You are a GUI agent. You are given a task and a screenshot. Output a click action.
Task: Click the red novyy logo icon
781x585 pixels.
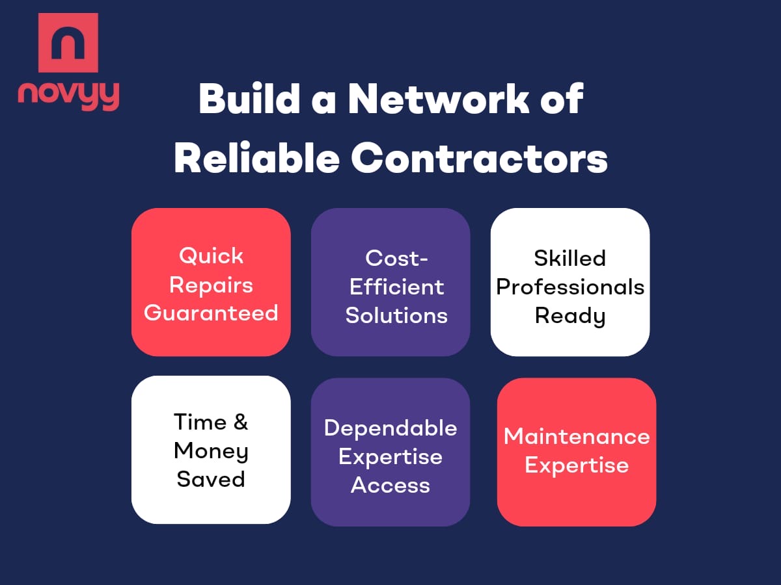(x=68, y=42)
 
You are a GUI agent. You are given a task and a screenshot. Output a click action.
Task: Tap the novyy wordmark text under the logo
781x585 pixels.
(x=68, y=96)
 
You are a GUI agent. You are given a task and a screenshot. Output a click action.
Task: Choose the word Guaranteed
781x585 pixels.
(x=211, y=313)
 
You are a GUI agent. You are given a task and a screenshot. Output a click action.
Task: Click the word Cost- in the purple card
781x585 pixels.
(x=396, y=258)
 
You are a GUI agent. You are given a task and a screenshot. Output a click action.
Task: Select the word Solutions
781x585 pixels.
(x=396, y=315)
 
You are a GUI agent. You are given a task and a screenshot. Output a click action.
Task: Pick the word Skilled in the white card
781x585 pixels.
(x=570, y=258)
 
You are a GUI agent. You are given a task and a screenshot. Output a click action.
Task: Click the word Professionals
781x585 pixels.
(x=570, y=287)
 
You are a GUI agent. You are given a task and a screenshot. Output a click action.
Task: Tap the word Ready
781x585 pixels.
(x=570, y=317)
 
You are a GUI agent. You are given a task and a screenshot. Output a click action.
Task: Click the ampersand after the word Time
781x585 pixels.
(x=240, y=422)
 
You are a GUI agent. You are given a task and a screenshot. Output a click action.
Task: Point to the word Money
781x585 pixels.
(x=211, y=450)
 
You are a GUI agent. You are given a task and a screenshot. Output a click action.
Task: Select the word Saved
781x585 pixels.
(x=211, y=479)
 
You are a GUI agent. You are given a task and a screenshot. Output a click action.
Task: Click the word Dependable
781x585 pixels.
(x=390, y=428)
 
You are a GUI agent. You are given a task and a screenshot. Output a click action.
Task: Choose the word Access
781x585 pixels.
(x=390, y=485)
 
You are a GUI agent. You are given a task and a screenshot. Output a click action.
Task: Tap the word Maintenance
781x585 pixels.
(x=577, y=436)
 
